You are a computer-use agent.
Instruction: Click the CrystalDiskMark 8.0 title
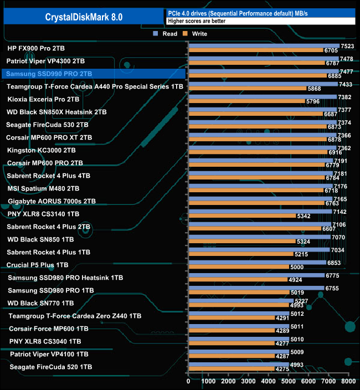[84, 17]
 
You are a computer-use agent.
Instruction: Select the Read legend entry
[166, 34]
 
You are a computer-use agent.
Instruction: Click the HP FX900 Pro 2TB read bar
[264, 46]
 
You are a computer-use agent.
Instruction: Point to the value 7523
[347, 47]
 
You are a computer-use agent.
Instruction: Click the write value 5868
[314, 89]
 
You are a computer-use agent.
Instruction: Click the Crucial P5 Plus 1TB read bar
[257, 262]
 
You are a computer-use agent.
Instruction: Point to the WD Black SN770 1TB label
[40, 303]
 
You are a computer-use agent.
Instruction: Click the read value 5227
[301, 301]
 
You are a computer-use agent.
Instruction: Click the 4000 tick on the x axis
[269, 382]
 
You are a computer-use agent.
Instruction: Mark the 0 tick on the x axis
[189, 382]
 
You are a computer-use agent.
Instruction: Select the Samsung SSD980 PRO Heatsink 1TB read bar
[256, 275]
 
